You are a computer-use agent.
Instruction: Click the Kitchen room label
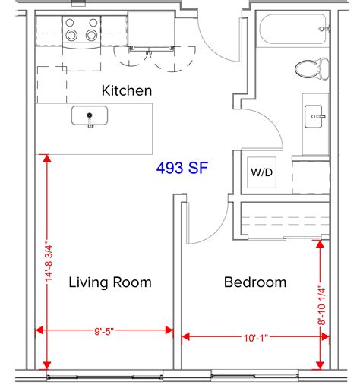[126, 90]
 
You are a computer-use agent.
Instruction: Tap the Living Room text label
[110, 282]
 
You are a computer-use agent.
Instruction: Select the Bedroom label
[254, 282]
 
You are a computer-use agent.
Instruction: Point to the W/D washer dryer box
[262, 172]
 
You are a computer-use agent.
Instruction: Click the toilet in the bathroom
[307, 69]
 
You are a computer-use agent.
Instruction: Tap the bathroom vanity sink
[316, 118]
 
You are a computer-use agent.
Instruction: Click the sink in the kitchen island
[89, 117]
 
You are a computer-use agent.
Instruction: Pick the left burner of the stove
[72, 34]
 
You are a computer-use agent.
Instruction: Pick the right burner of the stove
[92, 34]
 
